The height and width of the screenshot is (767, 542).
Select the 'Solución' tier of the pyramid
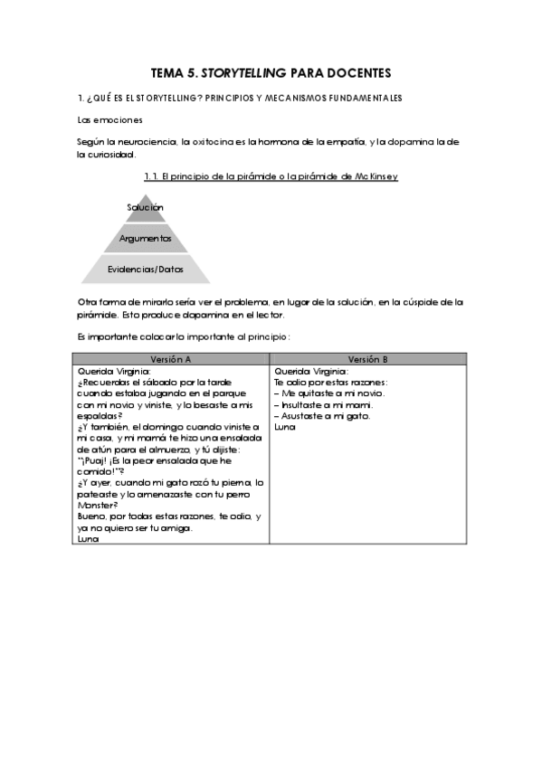click(145, 207)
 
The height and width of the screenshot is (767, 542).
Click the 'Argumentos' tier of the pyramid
click(145, 238)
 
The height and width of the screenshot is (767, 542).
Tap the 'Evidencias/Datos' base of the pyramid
click(145, 270)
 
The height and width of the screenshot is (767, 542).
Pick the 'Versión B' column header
click(367, 358)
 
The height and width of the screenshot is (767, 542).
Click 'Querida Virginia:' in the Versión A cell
click(114, 371)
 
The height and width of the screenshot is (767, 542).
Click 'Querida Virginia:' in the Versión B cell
click(310, 371)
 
